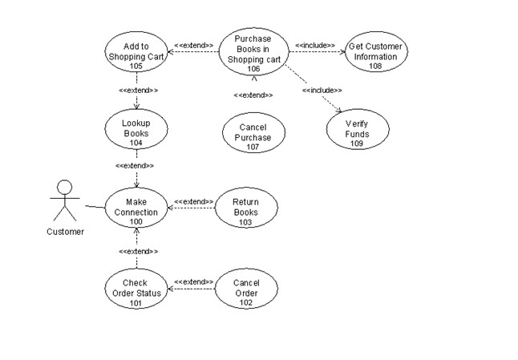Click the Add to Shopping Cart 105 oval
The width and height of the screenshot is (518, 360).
click(136, 51)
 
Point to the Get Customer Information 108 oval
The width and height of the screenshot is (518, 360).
click(375, 51)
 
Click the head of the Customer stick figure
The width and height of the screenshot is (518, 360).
click(64, 188)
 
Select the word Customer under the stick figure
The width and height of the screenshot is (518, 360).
click(65, 232)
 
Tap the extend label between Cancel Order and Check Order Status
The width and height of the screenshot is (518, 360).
click(192, 282)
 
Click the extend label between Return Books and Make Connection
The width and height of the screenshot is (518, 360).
click(192, 201)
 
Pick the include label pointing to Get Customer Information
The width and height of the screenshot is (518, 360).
click(315, 46)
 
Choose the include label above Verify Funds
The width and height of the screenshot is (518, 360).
click(322, 91)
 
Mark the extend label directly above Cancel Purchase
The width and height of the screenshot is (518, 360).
click(253, 95)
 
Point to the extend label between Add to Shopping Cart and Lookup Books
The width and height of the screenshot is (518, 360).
click(138, 91)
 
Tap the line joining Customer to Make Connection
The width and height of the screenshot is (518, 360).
click(95, 207)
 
